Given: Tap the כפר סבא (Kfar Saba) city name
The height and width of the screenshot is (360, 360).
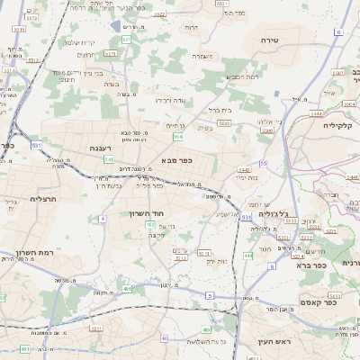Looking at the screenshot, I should pos(177,160).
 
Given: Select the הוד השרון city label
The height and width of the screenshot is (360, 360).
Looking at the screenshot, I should pos(143,215).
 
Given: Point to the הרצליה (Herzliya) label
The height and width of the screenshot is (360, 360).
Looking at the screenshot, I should pos(43,199).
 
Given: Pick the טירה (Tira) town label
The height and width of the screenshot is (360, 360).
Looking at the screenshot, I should pos(271,40).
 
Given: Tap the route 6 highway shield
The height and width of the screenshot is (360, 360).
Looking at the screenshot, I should pos(340,31).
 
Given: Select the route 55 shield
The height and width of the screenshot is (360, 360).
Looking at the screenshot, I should pos(264,163).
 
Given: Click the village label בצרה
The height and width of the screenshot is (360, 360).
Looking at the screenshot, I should pos(111,84).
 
